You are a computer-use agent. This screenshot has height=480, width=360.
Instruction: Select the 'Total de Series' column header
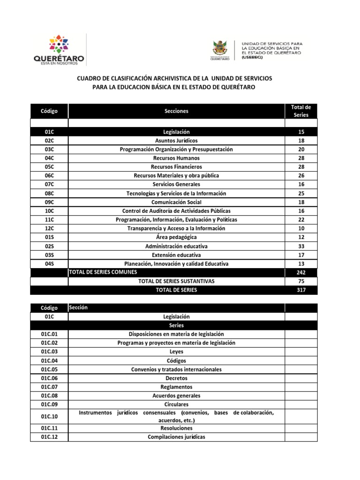pos(301,111)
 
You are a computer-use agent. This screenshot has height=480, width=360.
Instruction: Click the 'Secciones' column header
pos(176,111)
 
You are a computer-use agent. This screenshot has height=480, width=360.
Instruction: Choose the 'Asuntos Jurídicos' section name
pos(176,141)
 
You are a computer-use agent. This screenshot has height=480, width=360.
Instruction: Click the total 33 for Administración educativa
pos(301,246)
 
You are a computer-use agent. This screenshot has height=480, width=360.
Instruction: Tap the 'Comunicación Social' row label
pos(176,202)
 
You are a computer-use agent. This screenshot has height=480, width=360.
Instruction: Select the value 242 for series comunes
pos(301,272)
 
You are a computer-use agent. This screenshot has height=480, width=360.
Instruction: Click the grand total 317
pos(301,290)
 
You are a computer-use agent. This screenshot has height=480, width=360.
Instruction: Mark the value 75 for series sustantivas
pos(301,281)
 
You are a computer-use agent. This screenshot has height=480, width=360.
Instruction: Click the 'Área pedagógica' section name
pos(176,237)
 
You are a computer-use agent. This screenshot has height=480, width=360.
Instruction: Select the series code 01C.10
pos(49,416)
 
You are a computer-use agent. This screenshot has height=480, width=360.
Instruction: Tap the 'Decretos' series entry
pos(176,378)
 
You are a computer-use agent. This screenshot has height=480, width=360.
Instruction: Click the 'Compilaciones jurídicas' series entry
pos(176,437)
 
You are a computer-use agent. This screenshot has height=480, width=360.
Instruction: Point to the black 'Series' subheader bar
pos(176,325)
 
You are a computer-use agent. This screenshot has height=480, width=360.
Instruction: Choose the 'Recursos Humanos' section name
pos(176,158)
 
